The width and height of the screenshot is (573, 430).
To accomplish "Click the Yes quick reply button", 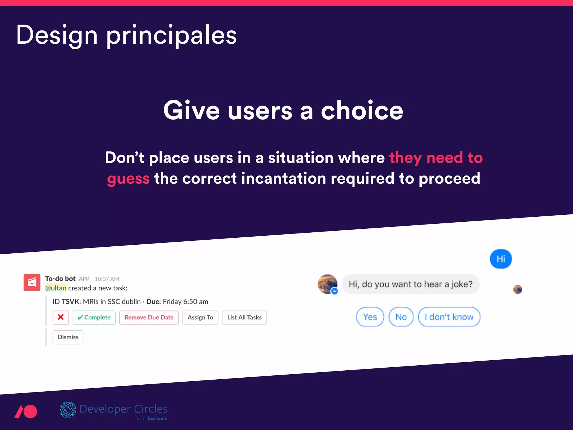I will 370,317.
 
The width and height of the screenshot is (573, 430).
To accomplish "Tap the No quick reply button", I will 401,317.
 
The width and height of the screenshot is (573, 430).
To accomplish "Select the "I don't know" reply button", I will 449,317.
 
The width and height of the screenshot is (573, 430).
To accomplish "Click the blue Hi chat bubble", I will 501,259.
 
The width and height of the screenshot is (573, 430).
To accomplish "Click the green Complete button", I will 94,317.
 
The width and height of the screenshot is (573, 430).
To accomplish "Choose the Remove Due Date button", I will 149,317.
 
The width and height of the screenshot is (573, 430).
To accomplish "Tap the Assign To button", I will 200,317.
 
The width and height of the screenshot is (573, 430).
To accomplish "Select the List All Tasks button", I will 244,317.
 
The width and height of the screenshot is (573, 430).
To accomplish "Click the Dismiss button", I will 68,337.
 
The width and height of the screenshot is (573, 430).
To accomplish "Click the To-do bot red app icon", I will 32,282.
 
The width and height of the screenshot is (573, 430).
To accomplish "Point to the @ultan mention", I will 56,288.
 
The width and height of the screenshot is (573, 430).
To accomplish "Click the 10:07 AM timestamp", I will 107,279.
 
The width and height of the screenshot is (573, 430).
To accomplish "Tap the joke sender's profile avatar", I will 327,284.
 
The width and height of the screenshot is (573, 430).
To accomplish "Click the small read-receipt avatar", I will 518,289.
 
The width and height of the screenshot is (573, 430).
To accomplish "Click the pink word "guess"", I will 128,179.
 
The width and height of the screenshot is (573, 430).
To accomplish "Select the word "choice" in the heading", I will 362,111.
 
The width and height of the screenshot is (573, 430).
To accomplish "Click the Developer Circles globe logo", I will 68,410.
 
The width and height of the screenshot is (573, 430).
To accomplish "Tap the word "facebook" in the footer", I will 157,419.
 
